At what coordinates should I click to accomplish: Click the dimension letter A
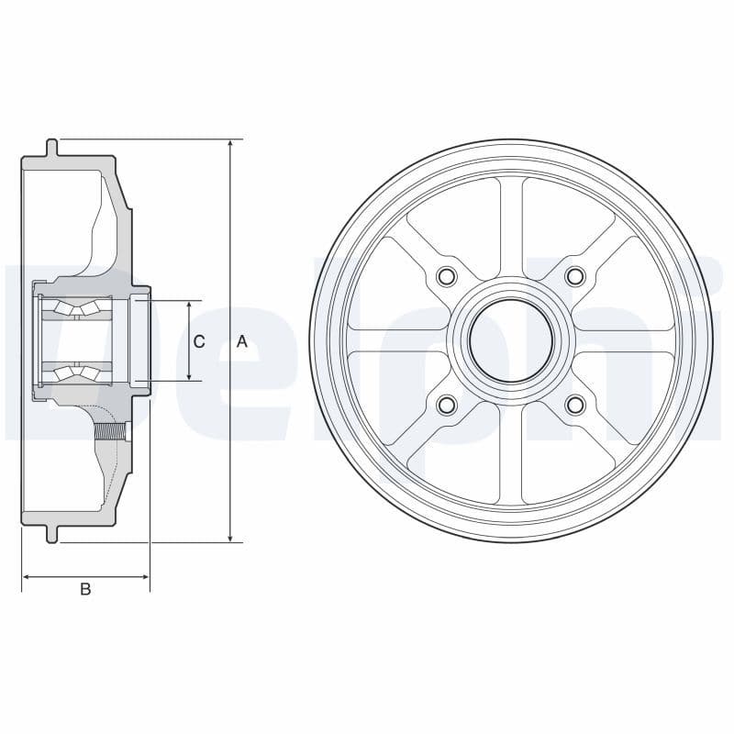click(x=242, y=341)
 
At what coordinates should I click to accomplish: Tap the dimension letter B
click(x=85, y=590)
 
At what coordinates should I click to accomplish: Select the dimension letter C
click(x=199, y=341)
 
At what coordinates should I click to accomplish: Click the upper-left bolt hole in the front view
click(x=447, y=276)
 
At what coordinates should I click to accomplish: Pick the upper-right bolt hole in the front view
click(x=575, y=276)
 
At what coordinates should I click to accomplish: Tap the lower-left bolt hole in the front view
click(x=447, y=405)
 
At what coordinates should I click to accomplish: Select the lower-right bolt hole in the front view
click(x=575, y=405)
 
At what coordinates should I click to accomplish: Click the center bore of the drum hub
click(x=511, y=340)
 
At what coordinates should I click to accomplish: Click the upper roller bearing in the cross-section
click(x=75, y=309)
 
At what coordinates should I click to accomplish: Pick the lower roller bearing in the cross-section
click(x=75, y=372)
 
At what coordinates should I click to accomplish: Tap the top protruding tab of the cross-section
click(x=52, y=147)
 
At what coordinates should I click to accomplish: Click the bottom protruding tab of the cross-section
click(x=52, y=534)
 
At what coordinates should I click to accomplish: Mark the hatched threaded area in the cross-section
click(x=109, y=428)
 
